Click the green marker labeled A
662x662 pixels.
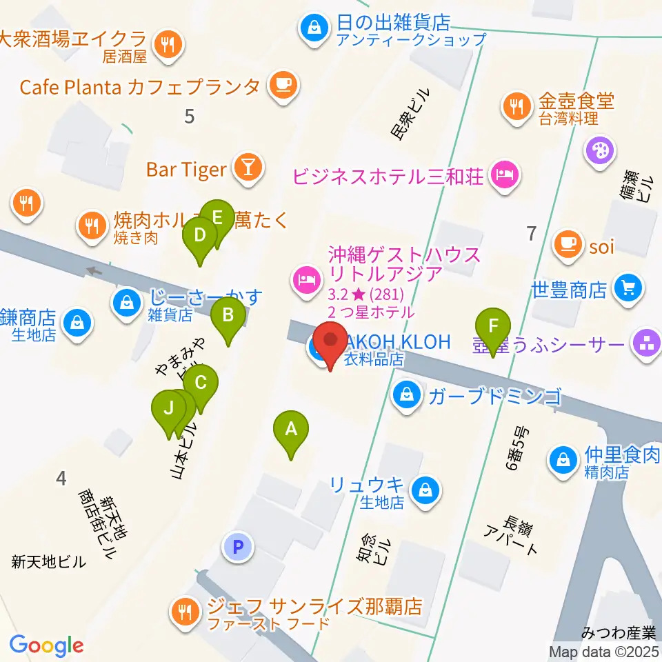[x=291, y=430]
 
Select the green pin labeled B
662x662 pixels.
[x=228, y=317]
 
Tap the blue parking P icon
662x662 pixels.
[x=238, y=548]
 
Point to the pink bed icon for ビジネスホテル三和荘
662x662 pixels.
[x=505, y=174]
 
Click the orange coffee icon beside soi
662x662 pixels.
[x=568, y=245]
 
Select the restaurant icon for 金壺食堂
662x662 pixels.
[x=516, y=107]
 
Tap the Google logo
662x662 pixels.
[x=46, y=645]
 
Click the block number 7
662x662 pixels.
[x=530, y=234]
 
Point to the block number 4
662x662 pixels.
[x=62, y=477]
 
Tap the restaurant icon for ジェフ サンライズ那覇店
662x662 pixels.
[x=185, y=610]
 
